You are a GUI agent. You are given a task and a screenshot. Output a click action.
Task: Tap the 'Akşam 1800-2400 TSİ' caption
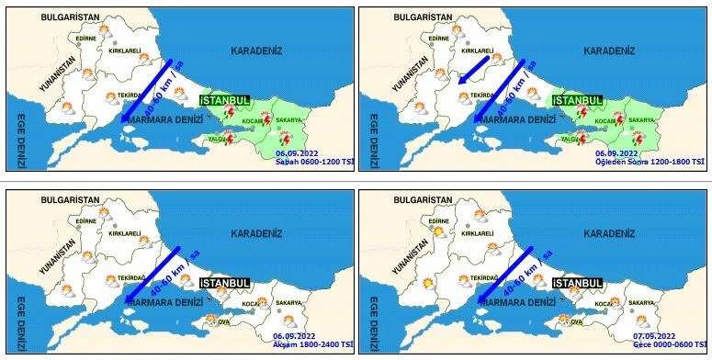(x=312, y=343)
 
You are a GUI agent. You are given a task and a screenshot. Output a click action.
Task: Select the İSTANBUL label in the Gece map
(x=579, y=282)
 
